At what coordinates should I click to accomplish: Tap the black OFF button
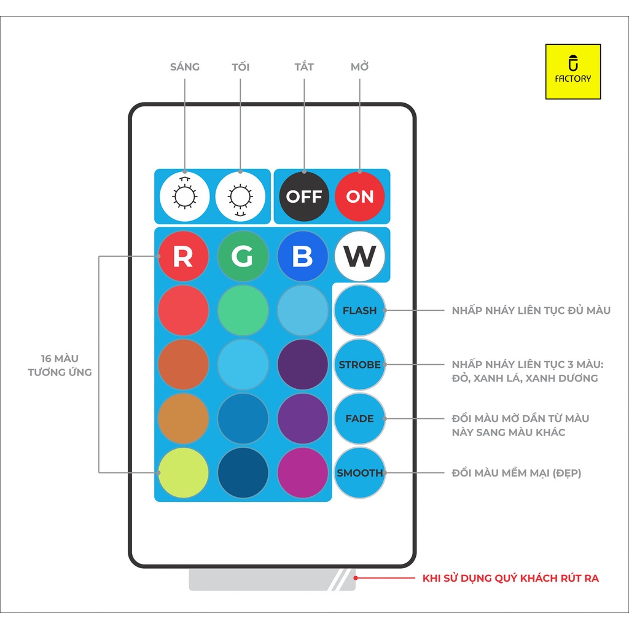point(304,197)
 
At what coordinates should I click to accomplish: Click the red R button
point(183,257)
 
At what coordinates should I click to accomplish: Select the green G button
point(243,257)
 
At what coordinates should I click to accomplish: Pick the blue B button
point(302,257)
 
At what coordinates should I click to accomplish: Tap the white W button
point(360,257)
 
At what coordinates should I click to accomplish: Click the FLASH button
point(360,310)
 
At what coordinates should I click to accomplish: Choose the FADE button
point(360,419)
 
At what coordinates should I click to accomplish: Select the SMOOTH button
point(360,473)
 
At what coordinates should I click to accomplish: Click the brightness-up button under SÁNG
point(184,197)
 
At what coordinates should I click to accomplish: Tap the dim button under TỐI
point(240,197)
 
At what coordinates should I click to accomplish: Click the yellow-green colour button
point(183,473)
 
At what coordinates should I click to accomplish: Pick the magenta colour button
point(302,473)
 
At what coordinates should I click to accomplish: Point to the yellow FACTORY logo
point(572,72)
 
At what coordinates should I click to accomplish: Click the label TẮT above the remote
point(304,67)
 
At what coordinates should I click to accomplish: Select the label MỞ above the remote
point(360,67)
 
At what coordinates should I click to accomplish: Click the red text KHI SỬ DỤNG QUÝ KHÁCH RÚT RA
point(510,578)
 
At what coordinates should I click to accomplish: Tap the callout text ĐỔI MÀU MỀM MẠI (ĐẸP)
point(516,473)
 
